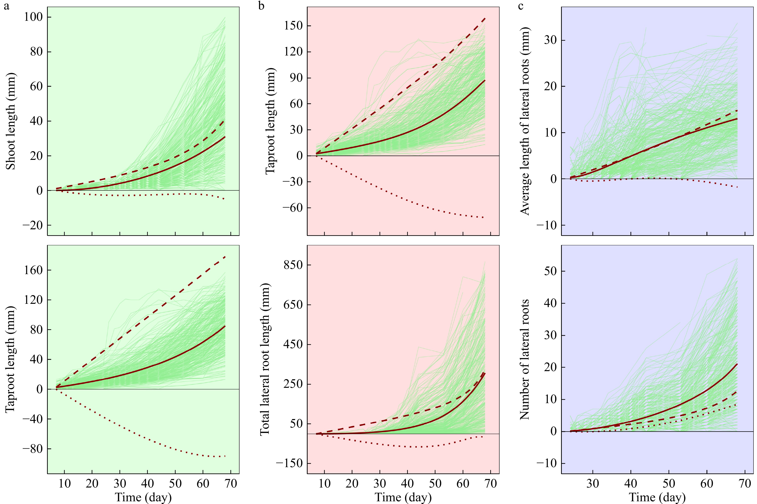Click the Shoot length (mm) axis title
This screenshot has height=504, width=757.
[x=11, y=121]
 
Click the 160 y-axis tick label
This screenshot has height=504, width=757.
[x=33, y=270]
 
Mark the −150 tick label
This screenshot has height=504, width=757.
[x=289, y=463]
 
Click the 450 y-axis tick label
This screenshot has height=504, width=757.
[x=293, y=344]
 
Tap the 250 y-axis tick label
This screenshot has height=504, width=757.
[x=293, y=384]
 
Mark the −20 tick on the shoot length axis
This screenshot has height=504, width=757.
[x=32, y=225]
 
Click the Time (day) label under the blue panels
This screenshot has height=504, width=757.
[x=657, y=497]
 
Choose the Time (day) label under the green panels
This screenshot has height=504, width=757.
[x=143, y=497]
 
